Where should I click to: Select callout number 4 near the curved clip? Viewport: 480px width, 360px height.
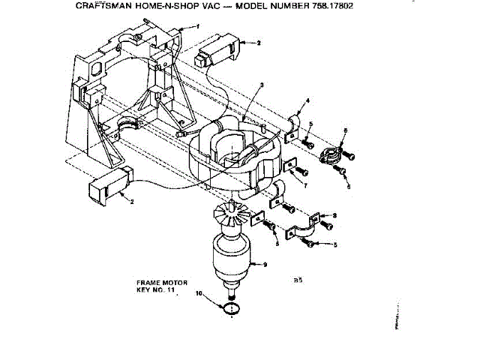[x=307, y=100]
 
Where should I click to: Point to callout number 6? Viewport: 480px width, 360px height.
[x=345, y=131]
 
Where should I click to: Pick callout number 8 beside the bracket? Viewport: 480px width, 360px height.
[x=334, y=215]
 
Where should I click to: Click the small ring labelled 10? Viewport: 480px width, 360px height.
[x=232, y=307]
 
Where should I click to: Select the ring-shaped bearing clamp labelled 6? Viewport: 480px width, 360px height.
[x=330, y=156]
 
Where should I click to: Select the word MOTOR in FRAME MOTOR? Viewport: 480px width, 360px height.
[x=171, y=283]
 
